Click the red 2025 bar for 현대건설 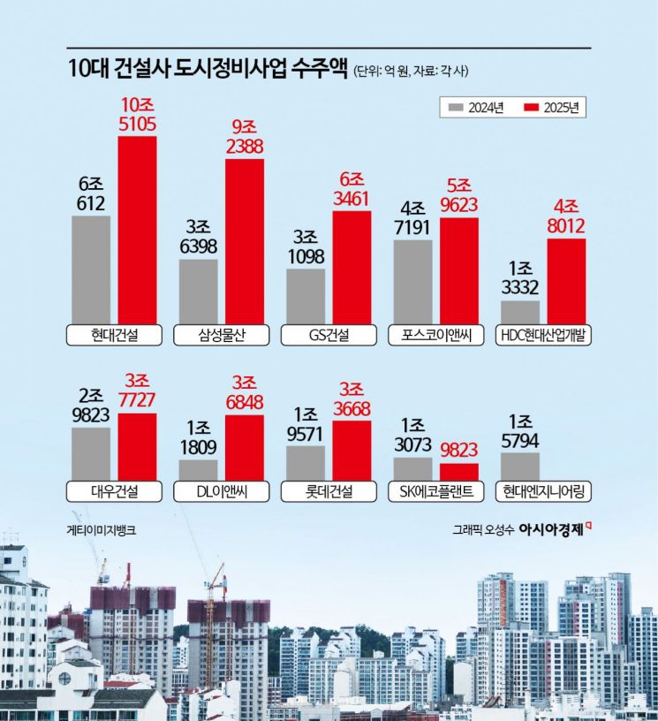[x=137, y=230]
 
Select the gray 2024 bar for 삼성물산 [x=198, y=292]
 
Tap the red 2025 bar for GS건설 [x=352, y=268]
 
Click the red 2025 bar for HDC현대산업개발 [x=566, y=281]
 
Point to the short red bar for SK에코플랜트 [x=458, y=472]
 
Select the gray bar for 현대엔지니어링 [x=519, y=466]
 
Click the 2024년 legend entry [x=476, y=108]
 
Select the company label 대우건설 [x=114, y=492]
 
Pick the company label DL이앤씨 [x=221, y=492]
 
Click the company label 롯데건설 [x=329, y=492]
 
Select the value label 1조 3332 [x=520, y=278]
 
